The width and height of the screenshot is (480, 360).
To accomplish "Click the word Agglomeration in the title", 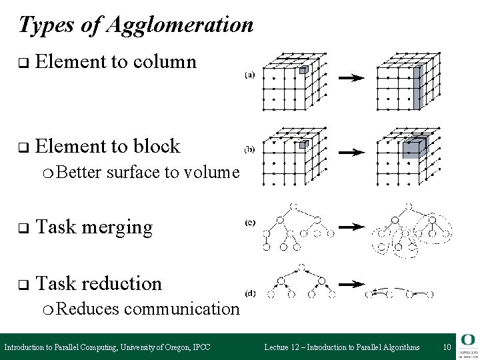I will tap(179, 25).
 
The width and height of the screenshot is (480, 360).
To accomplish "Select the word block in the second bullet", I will tap(157, 146).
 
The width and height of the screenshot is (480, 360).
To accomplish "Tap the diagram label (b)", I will tap(248, 151).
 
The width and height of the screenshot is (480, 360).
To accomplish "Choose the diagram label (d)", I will tap(248, 292).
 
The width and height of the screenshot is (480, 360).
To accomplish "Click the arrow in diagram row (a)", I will tap(350, 78).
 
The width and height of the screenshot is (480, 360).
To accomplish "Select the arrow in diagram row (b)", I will tap(350, 153).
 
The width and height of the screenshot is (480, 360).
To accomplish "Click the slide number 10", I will tap(447, 347).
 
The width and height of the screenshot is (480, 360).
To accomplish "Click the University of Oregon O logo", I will tap(467, 339).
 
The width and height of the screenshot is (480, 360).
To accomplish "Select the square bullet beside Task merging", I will tap(21, 228).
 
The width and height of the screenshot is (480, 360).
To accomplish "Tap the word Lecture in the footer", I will tap(280, 347).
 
